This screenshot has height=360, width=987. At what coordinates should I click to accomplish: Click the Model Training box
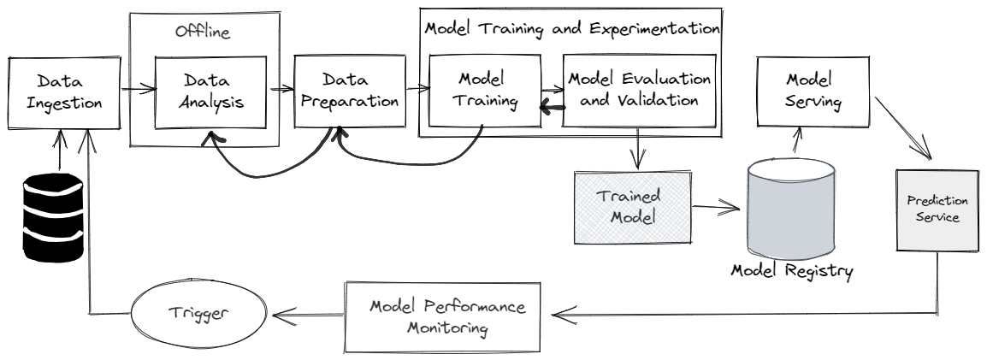coord(485,91)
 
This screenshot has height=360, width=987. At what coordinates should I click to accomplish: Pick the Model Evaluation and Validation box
coord(638,90)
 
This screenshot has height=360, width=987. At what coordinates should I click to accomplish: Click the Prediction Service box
coord(937,209)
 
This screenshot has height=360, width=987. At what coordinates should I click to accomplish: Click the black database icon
coord(52,215)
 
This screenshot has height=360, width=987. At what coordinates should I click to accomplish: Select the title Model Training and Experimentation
coord(571,27)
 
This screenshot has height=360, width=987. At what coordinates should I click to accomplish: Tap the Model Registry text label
coord(792,271)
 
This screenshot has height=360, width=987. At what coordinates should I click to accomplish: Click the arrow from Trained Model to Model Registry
coord(717,206)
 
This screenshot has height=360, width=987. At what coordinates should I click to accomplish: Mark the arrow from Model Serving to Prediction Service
coord(906,133)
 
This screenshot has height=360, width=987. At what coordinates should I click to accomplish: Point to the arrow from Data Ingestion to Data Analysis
coord(137,87)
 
